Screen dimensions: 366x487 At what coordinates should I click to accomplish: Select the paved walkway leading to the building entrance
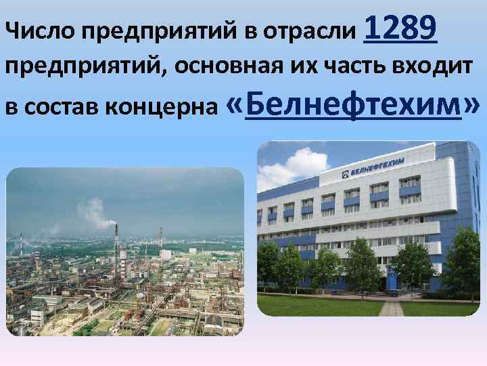(391, 308)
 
